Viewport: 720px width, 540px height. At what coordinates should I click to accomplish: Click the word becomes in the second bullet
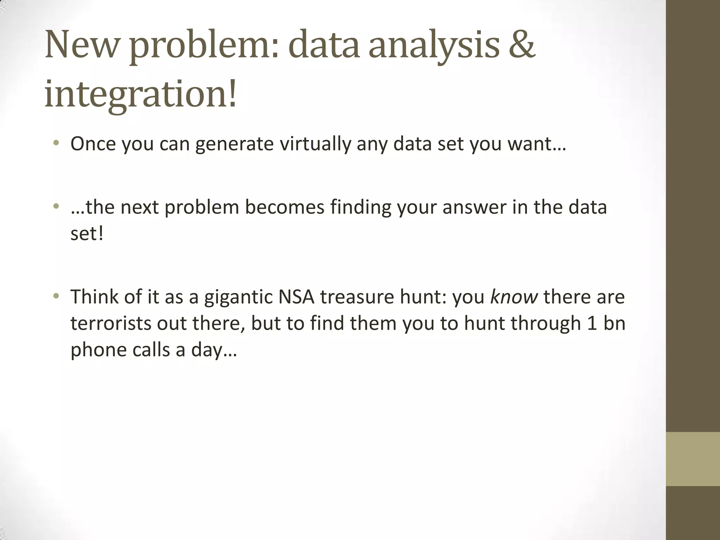coord(284,207)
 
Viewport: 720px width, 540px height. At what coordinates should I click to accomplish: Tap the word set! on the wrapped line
coord(87,233)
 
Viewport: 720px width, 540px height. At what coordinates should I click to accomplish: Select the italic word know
coord(514,297)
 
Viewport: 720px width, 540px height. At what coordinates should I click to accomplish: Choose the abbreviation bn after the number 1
coord(614,323)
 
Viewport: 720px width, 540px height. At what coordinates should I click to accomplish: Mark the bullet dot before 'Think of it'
coord(56,296)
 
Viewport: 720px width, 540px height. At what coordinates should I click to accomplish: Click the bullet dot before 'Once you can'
coord(56,143)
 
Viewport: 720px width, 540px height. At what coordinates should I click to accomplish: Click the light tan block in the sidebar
coord(693,459)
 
